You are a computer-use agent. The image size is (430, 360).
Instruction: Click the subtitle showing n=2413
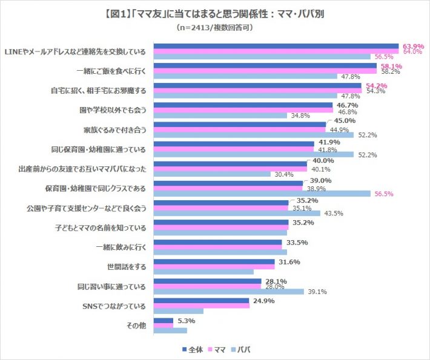(215, 28)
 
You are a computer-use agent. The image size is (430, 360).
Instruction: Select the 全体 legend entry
(193, 349)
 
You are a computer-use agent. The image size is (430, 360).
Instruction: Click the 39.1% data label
(317, 292)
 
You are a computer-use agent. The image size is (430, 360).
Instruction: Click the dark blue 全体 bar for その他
(164, 320)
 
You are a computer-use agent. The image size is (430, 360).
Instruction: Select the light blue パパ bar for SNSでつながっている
(179, 311)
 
